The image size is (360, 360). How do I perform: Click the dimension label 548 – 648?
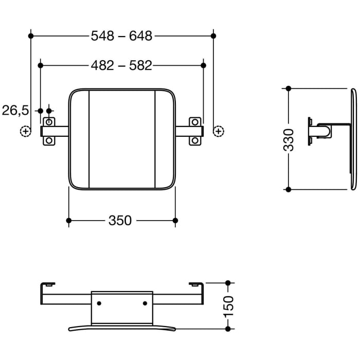pyautogui.click(x=122, y=36)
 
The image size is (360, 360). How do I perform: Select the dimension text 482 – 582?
pyautogui.click(x=122, y=66)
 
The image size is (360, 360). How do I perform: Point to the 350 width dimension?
pyautogui.click(x=120, y=221)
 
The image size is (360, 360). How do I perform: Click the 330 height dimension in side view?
pyautogui.click(x=289, y=139)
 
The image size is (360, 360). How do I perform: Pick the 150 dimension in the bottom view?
pyautogui.click(x=229, y=306)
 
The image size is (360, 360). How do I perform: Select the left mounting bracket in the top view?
pyautogui.click(x=49, y=132)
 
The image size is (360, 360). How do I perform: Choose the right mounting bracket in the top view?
pyautogui.click(x=195, y=132)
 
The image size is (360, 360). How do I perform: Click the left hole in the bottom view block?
pyautogui.click(x=99, y=303)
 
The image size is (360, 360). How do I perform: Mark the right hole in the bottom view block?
pyautogui.click(x=145, y=303)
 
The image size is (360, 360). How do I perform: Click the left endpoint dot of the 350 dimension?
pyautogui.click(x=69, y=221)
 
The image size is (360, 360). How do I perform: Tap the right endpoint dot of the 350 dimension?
pyautogui.click(x=175, y=221)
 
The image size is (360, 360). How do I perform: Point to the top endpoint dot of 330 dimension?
pyautogui.click(x=289, y=88)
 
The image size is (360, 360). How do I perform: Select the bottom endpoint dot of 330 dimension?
pyautogui.click(x=289, y=189)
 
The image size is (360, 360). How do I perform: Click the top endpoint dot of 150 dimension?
pyautogui.click(x=229, y=283)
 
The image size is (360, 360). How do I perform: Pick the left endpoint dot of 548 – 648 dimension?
pyautogui.click(x=31, y=36)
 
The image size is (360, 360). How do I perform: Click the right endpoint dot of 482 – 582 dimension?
pyautogui.click(x=203, y=66)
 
